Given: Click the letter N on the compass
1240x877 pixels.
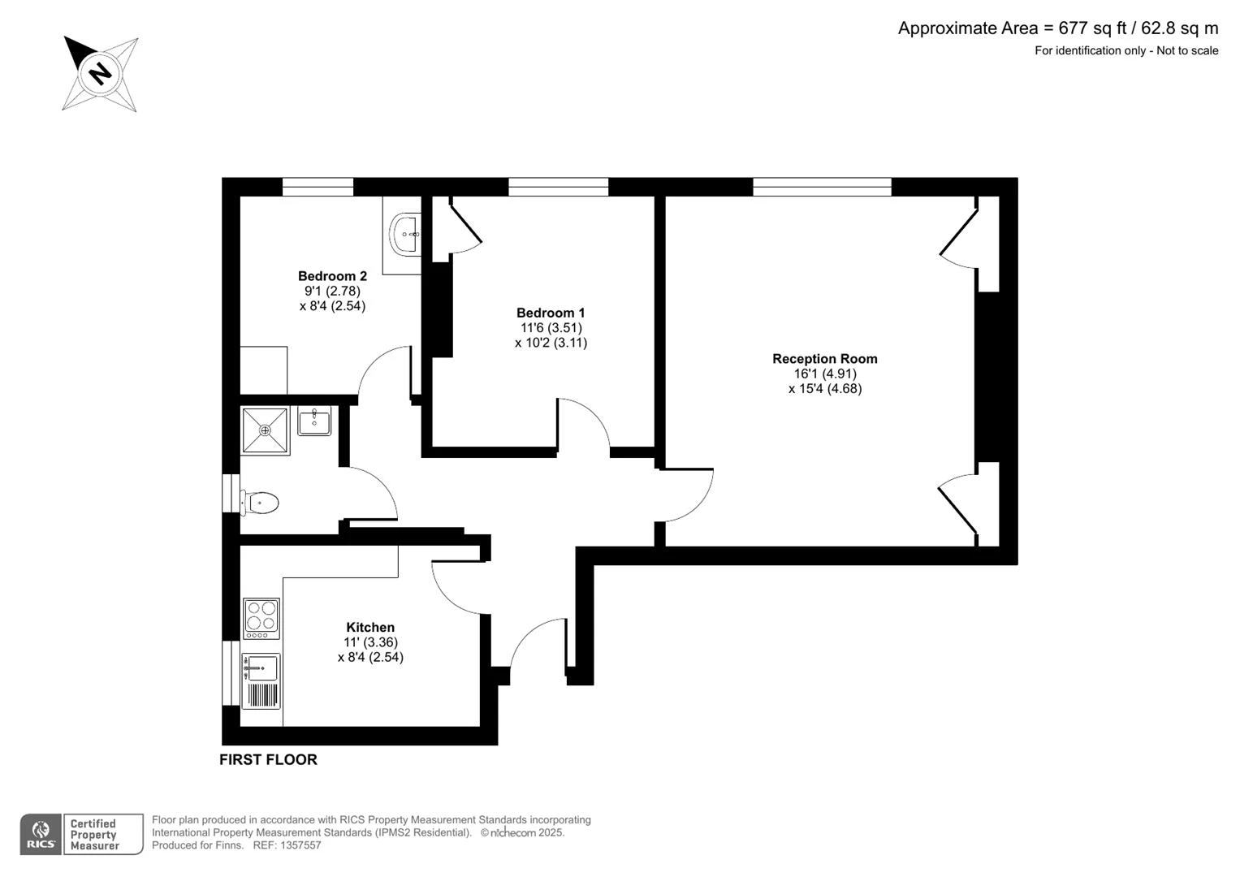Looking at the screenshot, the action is click(100, 73).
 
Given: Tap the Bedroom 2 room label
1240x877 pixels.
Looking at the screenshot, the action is click(332, 276).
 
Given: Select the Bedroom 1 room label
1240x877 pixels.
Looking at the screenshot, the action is click(551, 313).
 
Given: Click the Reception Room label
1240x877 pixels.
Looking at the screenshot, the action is click(825, 359).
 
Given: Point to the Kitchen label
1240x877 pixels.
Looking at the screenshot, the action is click(370, 627).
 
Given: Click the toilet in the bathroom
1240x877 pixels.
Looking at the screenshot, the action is click(259, 503).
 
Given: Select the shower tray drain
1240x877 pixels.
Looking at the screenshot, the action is click(266, 430).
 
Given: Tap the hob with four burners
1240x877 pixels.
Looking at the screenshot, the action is click(261, 619).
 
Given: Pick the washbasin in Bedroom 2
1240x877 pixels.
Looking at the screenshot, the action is click(405, 234).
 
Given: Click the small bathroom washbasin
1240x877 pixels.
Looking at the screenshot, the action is click(314, 421).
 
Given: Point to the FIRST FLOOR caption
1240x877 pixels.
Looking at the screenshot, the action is click(269, 759).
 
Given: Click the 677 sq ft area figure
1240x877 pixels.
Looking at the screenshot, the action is click(1093, 28).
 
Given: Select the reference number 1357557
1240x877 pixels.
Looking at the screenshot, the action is click(300, 845).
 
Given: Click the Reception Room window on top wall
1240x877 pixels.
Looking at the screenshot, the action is click(822, 187).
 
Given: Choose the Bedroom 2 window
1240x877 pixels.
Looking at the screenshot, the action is click(318, 187).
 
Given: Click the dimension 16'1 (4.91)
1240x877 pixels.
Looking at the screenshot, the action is click(825, 374).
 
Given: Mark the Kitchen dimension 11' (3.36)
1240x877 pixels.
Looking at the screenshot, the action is click(370, 642).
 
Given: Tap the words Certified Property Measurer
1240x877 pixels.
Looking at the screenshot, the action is click(94, 835).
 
